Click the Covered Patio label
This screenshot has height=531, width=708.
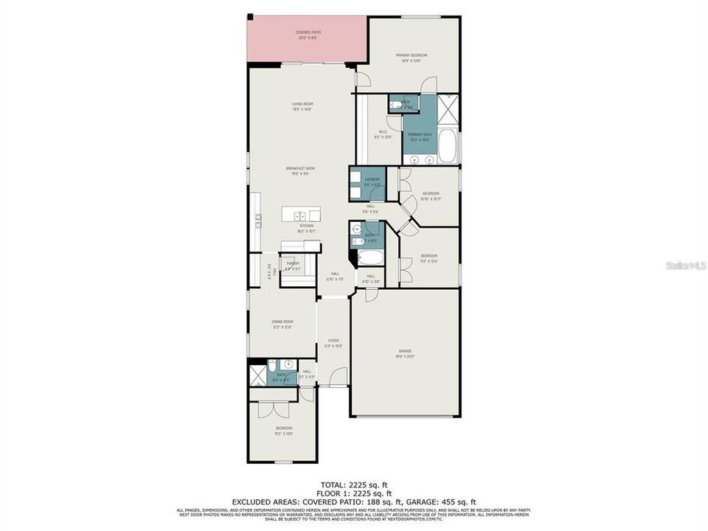[x=308, y=34]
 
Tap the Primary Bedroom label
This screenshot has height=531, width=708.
[x=411, y=57]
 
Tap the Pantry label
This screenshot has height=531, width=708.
[x=294, y=265]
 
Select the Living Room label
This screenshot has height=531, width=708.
[x=302, y=105]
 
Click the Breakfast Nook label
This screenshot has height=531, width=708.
[x=301, y=170]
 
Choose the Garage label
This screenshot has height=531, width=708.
[x=405, y=353]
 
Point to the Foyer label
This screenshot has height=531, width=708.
[x=333, y=342]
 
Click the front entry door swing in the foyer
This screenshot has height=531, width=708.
[x=338, y=378]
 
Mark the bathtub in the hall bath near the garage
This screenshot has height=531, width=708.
[x=370, y=258]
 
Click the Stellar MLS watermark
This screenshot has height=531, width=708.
[x=686, y=264]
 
